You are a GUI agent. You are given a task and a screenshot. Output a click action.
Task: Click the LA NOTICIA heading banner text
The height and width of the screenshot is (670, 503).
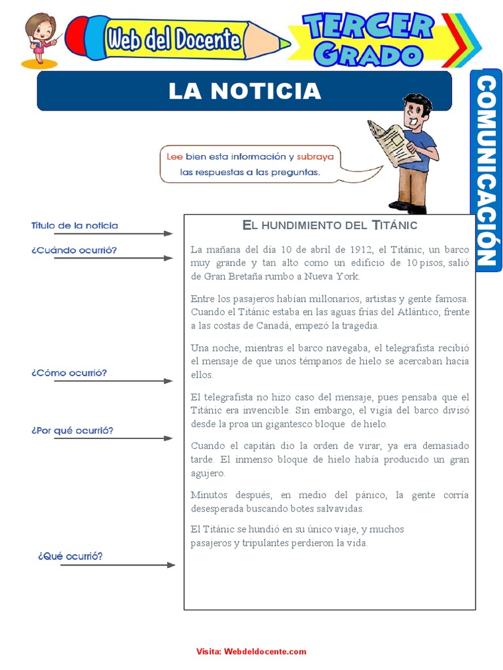tap(244, 91)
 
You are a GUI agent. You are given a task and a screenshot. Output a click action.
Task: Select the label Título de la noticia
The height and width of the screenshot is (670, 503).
tap(75, 226)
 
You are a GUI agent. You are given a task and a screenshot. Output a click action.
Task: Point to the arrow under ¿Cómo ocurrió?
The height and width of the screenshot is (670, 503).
tap(113, 381)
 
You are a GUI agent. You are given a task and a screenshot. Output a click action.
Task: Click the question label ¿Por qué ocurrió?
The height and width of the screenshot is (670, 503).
tap(72, 431)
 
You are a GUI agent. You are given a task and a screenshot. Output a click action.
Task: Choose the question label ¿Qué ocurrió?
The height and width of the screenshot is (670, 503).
tap(70, 556)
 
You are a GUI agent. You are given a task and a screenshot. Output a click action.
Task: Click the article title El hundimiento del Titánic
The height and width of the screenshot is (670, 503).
tap(329, 225)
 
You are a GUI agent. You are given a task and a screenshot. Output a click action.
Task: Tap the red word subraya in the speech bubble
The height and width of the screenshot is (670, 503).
tap(315, 157)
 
